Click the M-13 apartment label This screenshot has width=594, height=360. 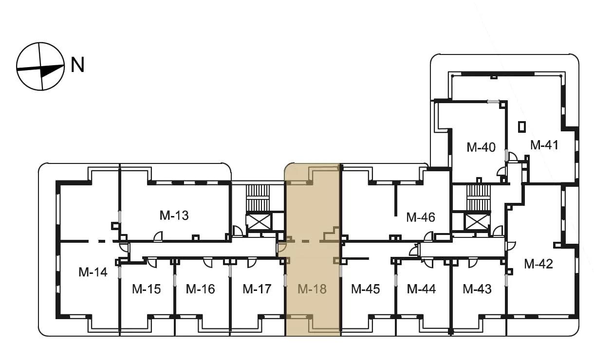coord(174,216)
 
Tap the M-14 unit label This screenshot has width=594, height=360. coord(93,272)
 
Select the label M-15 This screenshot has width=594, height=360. coord(147,289)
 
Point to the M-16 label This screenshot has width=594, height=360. coord(200,289)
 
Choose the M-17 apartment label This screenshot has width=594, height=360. coord(257,289)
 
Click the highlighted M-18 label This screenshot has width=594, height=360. coord(312,289)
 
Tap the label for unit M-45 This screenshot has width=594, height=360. coord(366,289)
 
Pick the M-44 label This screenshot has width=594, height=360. coord(421,289)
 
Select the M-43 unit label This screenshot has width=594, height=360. coord(477,289)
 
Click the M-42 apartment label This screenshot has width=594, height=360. coord(538,264)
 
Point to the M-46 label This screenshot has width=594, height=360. coord(421,217)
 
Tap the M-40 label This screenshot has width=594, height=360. coord(481,147)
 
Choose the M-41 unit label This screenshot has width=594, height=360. coord(544,145)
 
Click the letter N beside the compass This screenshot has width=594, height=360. coord(77,65)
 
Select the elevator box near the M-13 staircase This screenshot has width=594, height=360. coord(259,222)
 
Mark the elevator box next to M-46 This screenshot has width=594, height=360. coord(477,222)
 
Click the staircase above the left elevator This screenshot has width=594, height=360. coord(258,198)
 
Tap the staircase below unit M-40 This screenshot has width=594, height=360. coord(479,198)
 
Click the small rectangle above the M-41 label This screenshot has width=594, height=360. coord(522,126)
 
